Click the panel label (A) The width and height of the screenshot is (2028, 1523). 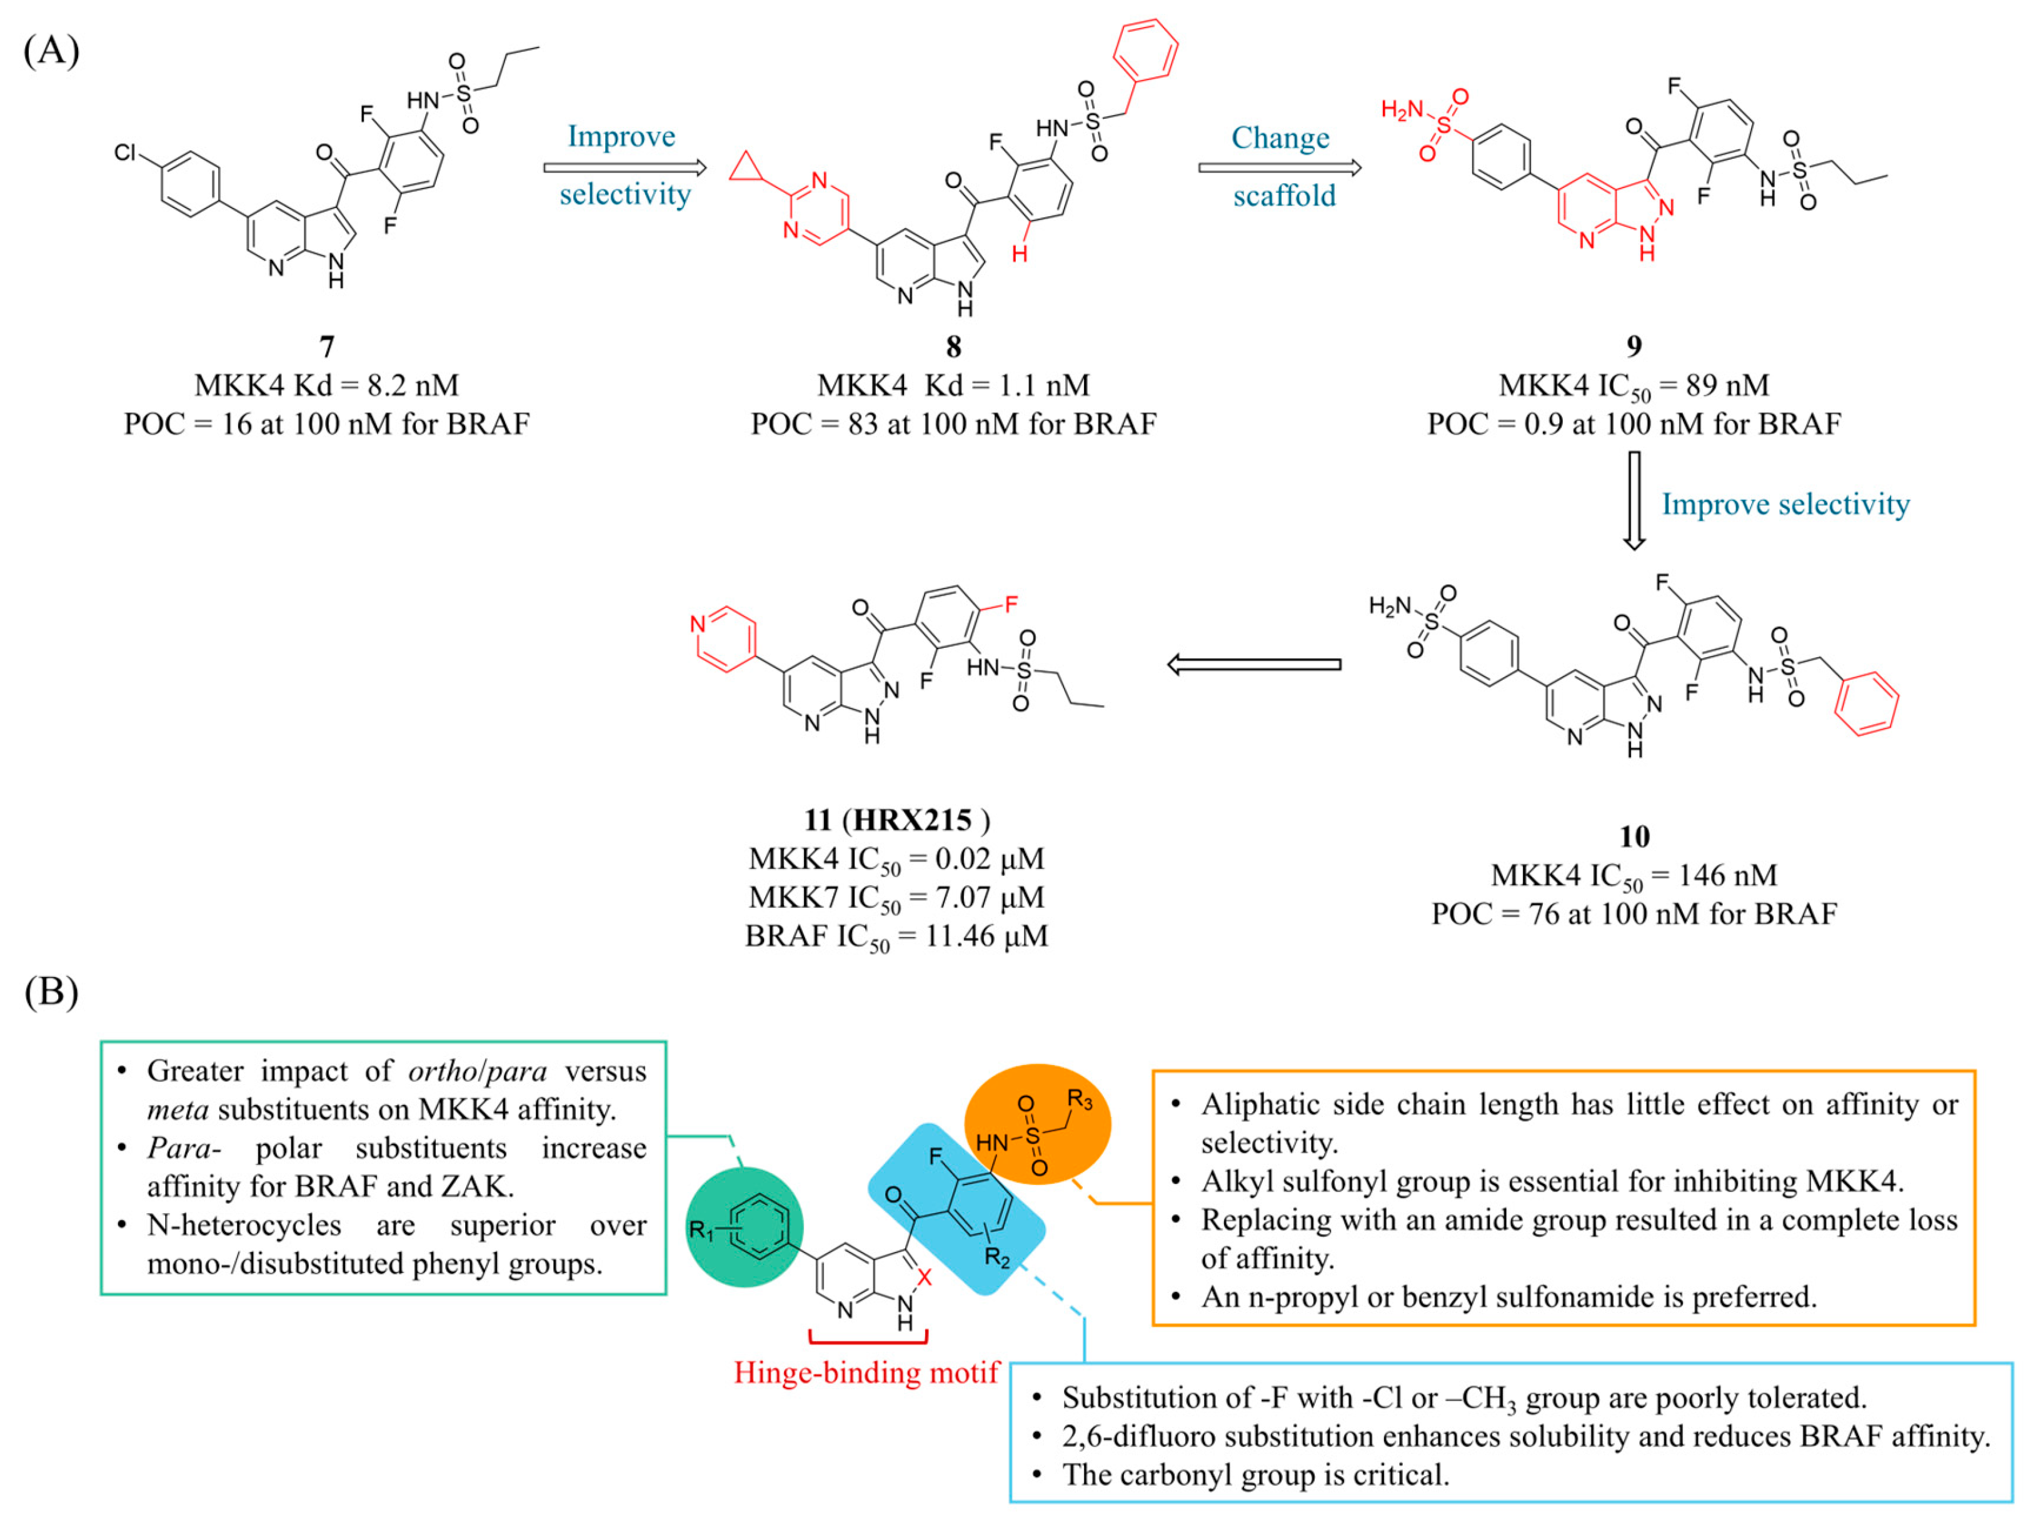pos(51,51)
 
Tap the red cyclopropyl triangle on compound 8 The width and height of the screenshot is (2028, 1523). pos(746,167)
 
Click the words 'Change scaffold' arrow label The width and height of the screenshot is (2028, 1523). pos(1282,166)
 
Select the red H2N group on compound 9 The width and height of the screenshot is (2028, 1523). pos(1402,111)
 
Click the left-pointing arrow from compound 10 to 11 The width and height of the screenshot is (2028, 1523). pos(1254,665)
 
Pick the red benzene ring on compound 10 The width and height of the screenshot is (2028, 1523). pos(1865,704)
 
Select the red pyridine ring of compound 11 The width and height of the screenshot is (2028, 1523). pos(725,638)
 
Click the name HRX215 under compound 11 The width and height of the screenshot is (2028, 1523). pos(911,820)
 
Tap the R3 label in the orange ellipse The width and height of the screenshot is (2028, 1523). pos(1080,1099)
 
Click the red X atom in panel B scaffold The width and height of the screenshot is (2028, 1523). pos(925,1276)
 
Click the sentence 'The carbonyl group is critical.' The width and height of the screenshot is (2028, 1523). pos(1255,1474)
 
